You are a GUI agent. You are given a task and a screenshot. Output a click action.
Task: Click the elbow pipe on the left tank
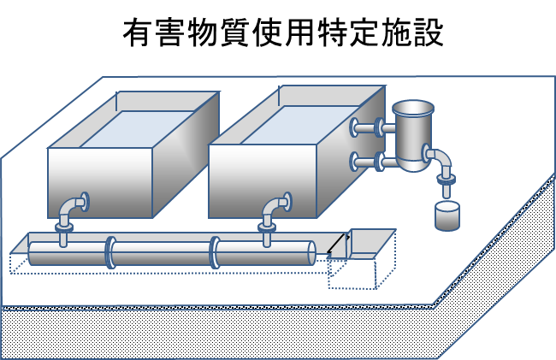pos(72,208)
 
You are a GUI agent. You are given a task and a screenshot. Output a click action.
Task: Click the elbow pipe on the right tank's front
pos(275,208)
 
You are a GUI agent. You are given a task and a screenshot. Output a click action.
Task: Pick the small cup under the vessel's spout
pos(447,215)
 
